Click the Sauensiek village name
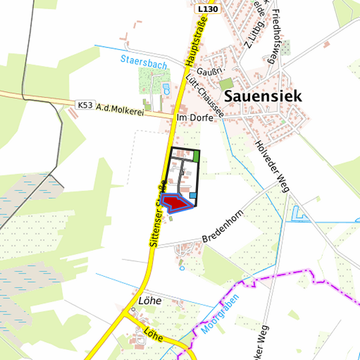(263, 96)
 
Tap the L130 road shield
(208, 9)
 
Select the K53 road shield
(84, 105)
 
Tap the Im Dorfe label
(195, 118)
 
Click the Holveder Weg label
(271, 165)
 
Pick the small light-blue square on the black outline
(193, 195)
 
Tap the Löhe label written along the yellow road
(153, 335)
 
